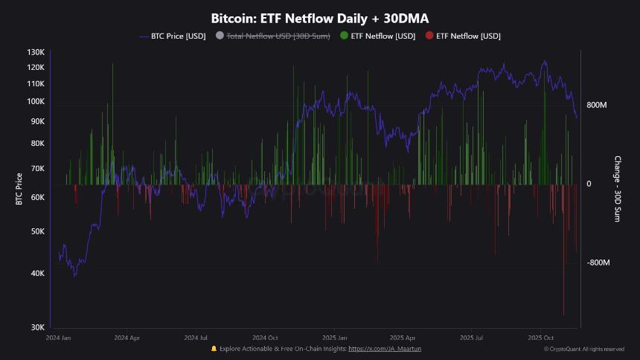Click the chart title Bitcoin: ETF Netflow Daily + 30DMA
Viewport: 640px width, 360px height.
tap(320, 18)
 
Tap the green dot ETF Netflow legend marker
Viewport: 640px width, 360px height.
tap(344, 36)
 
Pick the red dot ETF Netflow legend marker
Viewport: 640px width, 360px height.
tap(429, 36)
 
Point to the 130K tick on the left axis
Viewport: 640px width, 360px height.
tap(36, 52)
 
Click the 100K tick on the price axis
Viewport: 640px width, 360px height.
tap(36, 101)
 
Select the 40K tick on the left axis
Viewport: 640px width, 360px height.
tap(36, 273)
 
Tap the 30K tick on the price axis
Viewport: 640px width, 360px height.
tap(36, 327)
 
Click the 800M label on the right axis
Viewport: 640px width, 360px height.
tap(597, 106)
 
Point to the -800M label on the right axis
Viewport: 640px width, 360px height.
tap(598, 263)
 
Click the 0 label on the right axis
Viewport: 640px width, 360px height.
tap(589, 184)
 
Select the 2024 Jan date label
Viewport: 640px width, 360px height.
tap(59, 338)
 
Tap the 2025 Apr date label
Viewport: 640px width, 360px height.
tap(402, 338)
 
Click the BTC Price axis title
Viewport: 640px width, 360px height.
tap(19, 189)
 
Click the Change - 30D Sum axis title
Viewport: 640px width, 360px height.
tap(617, 189)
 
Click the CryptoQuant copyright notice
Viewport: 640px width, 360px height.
tap(583, 349)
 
